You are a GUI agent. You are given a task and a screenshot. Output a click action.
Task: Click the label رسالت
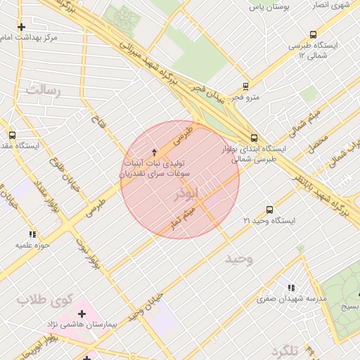click(x=43, y=90)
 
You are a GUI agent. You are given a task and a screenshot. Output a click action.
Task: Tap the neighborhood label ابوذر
click(x=186, y=192)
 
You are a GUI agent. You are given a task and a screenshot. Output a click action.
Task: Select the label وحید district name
click(x=238, y=259)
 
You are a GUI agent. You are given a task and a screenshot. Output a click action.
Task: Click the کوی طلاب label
click(x=45, y=300)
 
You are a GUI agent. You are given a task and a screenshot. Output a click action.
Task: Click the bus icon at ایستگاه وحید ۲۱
click(x=269, y=210)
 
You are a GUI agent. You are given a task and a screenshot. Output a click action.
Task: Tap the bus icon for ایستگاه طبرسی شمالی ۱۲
click(x=313, y=34)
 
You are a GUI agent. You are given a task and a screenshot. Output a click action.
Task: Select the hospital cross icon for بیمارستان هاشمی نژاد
click(x=82, y=313)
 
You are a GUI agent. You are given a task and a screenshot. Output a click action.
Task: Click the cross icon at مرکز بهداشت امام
click(x=22, y=27)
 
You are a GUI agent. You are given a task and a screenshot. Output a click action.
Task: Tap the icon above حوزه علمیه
click(x=32, y=234)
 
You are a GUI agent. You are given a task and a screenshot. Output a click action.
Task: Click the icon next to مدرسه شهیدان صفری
click(x=291, y=287)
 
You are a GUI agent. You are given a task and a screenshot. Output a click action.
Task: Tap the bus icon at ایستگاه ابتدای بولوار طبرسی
click(x=254, y=138)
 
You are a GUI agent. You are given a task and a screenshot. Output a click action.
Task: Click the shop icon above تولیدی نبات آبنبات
click(x=155, y=152)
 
